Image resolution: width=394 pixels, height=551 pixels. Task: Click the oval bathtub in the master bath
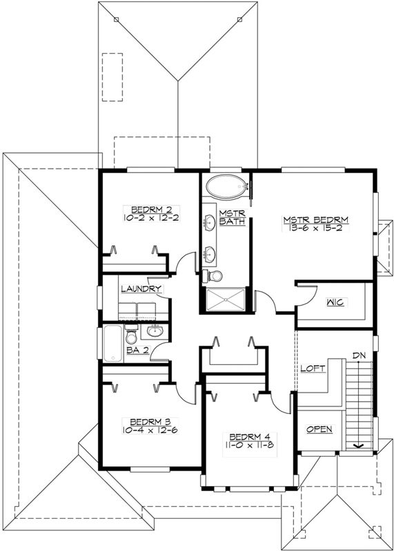[226, 186]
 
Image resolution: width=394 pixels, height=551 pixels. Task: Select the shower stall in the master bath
[225, 301]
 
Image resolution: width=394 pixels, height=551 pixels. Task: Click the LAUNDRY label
[141, 289]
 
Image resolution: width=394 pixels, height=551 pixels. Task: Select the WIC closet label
[336, 302]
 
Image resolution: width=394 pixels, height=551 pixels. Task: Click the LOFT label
[313, 368]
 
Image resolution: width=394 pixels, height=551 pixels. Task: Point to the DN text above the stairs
[358, 355]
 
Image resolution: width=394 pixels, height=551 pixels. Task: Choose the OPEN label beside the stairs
[319, 429]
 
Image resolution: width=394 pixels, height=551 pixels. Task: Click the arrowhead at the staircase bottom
[359, 446]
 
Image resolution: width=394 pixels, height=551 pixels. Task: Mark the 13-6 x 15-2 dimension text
[315, 229]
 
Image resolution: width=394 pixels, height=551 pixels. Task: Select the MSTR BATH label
[228, 218]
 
